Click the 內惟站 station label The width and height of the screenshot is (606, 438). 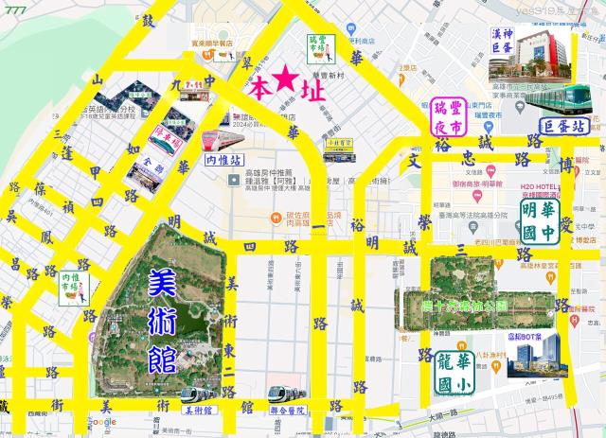click(223, 162)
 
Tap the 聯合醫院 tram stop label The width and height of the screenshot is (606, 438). click(287, 412)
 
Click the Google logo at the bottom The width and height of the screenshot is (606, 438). click(103, 421)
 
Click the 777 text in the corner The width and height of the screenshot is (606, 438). click(15, 9)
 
